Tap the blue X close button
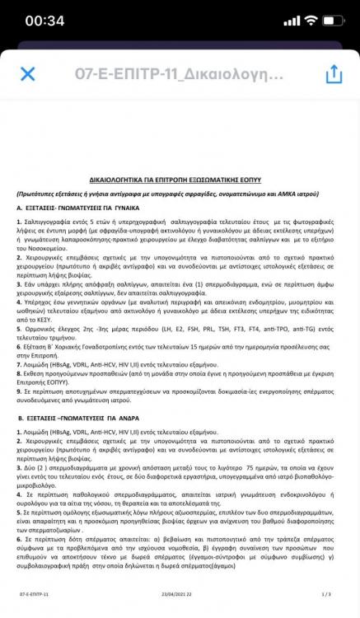pyautogui.click(x=27, y=74)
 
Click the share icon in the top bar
pyautogui.click(x=333, y=73)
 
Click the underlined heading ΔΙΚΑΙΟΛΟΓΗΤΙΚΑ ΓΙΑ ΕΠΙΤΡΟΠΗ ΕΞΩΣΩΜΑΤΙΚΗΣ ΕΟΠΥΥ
pyautogui.click(x=180, y=178)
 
